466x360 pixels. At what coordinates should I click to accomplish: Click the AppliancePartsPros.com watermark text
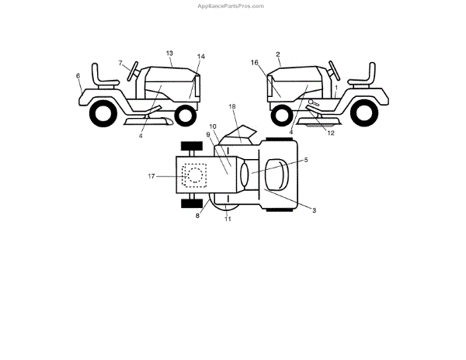(x=232, y=5)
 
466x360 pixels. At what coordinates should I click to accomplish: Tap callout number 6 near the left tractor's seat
(x=78, y=76)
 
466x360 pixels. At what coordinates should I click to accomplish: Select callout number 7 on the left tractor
(x=121, y=62)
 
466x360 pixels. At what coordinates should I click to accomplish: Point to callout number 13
(x=170, y=53)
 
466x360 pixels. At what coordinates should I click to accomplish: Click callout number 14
(x=201, y=57)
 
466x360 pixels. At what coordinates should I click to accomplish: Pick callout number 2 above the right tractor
(x=278, y=54)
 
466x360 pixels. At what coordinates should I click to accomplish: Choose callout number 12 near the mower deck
(x=331, y=133)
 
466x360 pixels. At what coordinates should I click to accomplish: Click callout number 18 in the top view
(x=232, y=106)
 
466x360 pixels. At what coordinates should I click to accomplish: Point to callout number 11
(x=228, y=220)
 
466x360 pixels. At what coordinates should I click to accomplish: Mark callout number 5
(x=305, y=160)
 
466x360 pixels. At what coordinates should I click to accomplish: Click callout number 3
(x=314, y=210)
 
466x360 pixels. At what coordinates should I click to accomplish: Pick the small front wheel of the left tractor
(x=184, y=116)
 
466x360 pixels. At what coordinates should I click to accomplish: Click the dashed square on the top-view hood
(x=194, y=175)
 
